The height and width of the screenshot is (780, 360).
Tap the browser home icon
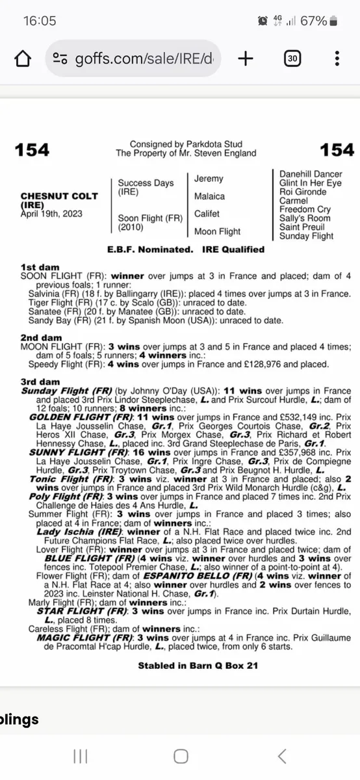[23, 59]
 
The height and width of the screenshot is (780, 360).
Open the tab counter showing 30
[292, 59]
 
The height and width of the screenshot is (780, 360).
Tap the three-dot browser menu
[337, 59]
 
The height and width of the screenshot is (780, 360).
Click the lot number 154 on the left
[32, 150]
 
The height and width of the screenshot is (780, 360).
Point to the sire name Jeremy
[209, 179]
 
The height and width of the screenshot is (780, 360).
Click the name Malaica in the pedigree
[209, 196]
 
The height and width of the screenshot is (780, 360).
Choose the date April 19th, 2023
[51, 213]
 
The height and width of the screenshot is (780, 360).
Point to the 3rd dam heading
[40, 382]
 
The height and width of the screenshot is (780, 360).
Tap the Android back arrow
[281, 756]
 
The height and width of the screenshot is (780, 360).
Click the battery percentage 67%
[313, 21]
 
